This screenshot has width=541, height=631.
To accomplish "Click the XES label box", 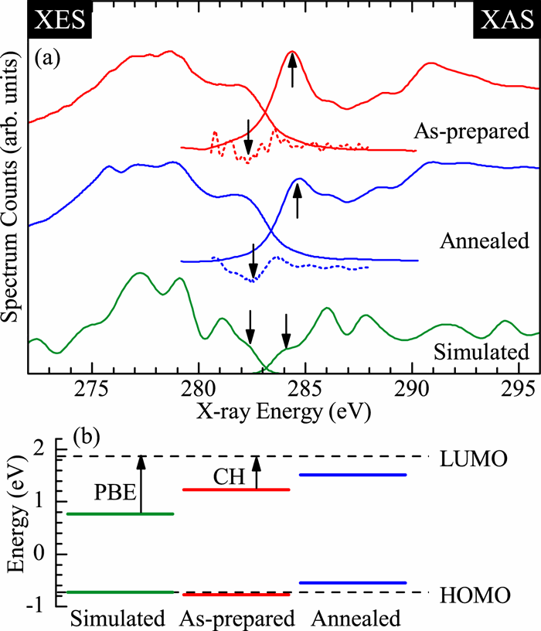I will coord(47,19).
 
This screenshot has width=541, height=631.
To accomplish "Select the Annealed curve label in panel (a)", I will coord(484,241).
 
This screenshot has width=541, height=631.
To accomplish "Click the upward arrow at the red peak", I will coord(292,70).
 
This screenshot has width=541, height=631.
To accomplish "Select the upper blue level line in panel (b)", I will coord(352,475).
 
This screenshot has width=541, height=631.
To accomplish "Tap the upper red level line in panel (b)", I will coord(234,489).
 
